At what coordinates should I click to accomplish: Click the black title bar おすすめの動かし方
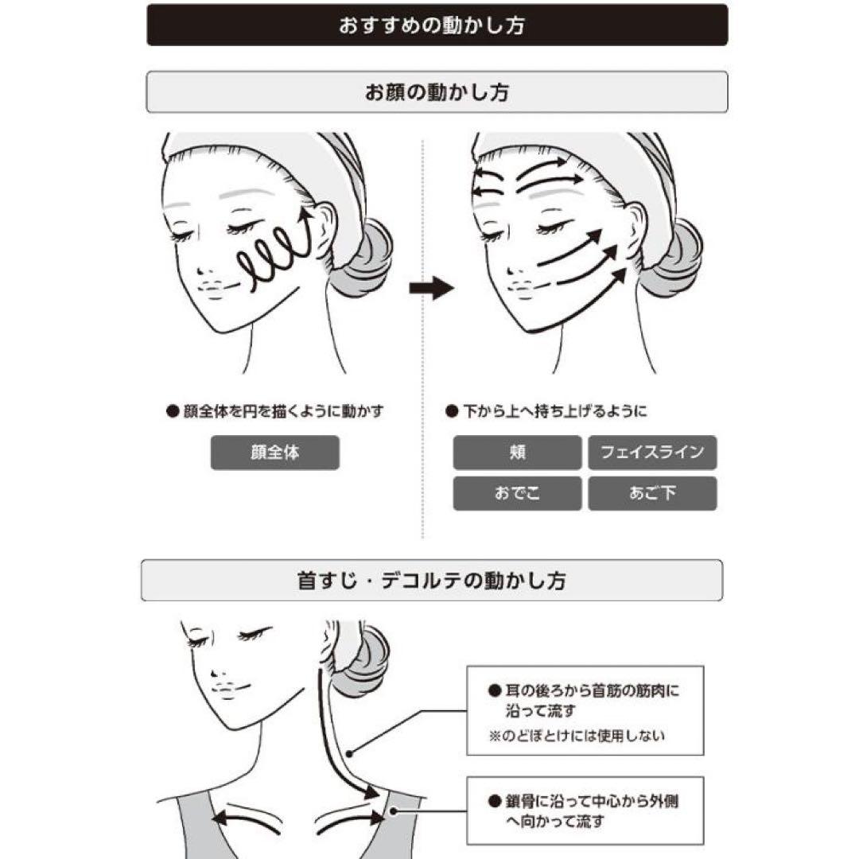pos(437,25)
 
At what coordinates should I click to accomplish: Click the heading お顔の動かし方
pos(437,92)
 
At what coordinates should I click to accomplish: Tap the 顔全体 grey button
pos(275,453)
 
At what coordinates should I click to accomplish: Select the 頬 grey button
pos(517,453)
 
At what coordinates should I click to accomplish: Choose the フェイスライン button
pos(652,453)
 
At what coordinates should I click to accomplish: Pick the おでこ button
pos(517,493)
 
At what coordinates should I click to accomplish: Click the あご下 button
pos(652,493)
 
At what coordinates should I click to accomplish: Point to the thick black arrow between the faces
pos(432,287)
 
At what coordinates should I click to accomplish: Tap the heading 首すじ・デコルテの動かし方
pos(432,580)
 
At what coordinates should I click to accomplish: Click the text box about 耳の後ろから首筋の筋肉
pos(585,710)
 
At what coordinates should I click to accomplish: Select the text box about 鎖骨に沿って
pos(585,810)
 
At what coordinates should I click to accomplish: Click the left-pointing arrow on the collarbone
pos(247,816)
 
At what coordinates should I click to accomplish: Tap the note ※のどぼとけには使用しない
pos(577,735)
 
